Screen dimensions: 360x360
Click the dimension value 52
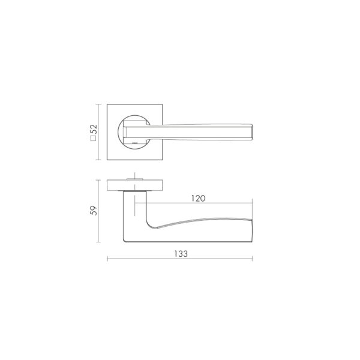pos(94,129)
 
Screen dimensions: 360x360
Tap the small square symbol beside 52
pos(94,138)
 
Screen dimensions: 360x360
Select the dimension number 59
pos(94,211)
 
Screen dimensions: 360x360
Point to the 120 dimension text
pos(199,199)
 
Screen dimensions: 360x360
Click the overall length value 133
pos(181,254)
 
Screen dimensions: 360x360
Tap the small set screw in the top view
pos(134,143)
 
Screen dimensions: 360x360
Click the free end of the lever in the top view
pos(252,132)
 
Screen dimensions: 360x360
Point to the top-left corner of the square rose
pos(107,104)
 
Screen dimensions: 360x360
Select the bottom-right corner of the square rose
pos(163,160)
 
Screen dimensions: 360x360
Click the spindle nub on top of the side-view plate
pos(134,179)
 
